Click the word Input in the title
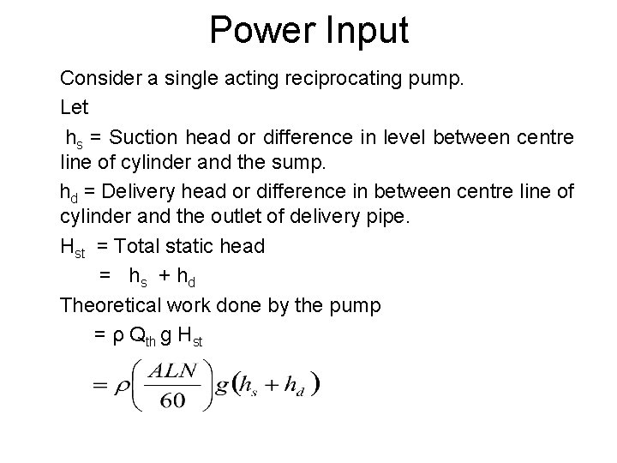click(363, 31)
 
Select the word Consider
click(101, 81)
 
